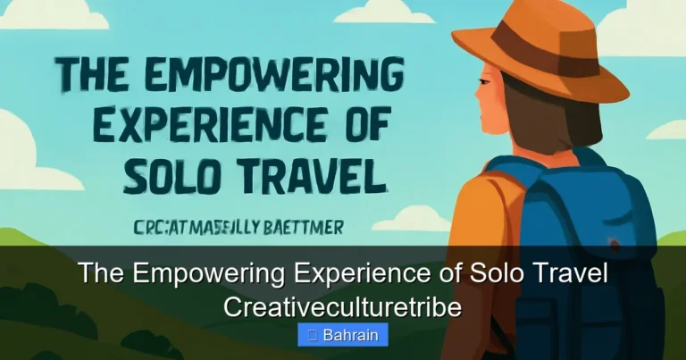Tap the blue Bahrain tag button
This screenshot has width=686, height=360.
[x=343, y=335]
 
